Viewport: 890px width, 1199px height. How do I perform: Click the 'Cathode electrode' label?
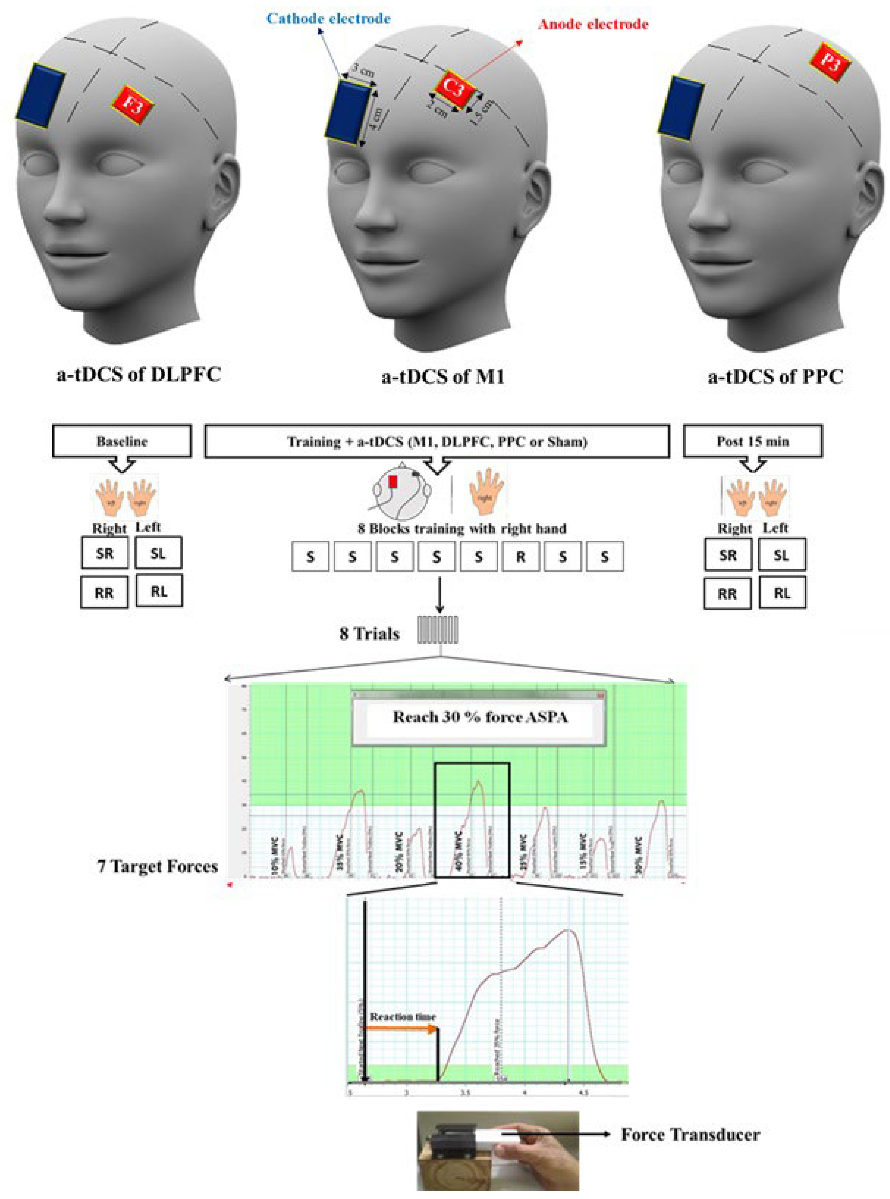pos(328,19)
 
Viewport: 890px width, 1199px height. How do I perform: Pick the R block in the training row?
pos(520,557)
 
